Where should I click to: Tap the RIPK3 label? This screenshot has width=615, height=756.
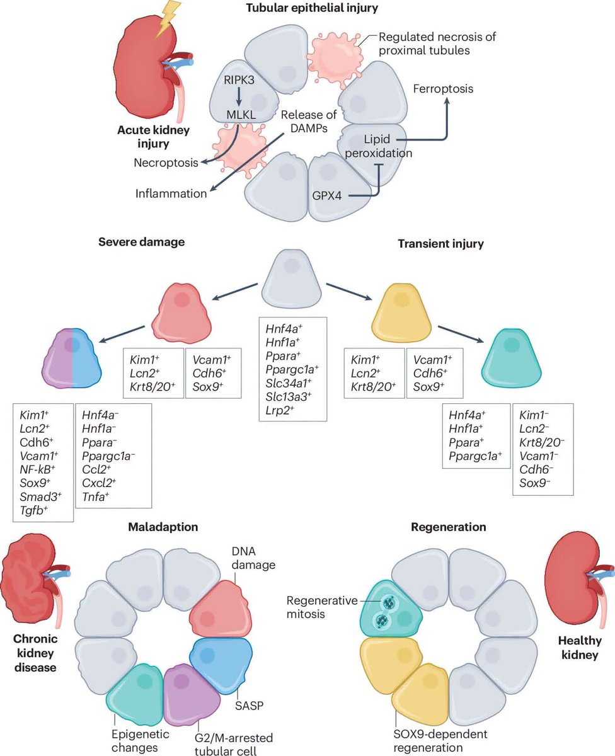click(x=239, y=80)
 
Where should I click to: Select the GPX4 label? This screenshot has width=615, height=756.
click(x=327, y=195)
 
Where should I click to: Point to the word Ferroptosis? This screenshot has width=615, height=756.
click(x=443, y=89)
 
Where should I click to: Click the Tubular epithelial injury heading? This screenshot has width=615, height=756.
click(x=312, y=8)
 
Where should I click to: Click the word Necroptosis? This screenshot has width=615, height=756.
click(x=166, y=163)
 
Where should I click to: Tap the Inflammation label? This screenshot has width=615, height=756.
click(x=171, y=194)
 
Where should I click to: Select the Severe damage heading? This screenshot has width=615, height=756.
click(x=142, y=242)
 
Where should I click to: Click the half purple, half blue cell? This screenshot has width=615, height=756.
click(x=72, y=358)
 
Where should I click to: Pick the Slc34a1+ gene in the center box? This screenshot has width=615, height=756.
click(x=288, y=383)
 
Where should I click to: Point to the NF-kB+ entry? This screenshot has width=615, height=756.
click(x=37, y=469)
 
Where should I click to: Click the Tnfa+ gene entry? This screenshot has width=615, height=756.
click(x=95, y=497)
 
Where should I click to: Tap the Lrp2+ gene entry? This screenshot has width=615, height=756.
click(x=280, y=411)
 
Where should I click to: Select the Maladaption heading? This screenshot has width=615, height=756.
click(x=163, y=527)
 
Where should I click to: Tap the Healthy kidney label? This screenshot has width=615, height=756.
click(x=580, y=648)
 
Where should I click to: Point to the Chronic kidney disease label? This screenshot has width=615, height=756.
click(x=35, y=653)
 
